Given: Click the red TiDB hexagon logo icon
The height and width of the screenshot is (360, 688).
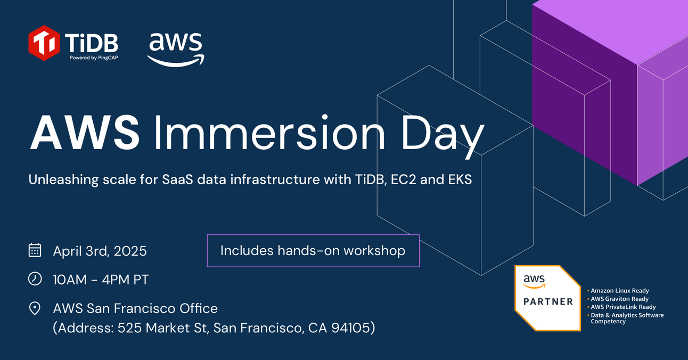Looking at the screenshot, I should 44,43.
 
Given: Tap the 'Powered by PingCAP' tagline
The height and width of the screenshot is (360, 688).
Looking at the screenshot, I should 93,58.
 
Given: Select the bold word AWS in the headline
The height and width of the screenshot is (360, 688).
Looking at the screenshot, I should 85,133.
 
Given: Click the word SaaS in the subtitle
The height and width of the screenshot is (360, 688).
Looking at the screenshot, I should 176,180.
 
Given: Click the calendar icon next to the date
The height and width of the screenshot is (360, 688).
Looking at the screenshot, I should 35,250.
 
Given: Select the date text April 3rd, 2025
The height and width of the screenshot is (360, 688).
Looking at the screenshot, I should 100,251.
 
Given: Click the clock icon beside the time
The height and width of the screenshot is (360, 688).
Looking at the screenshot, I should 35,279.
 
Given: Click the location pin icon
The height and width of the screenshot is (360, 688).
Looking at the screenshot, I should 35,308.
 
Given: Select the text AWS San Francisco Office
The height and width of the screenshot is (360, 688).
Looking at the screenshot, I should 135,308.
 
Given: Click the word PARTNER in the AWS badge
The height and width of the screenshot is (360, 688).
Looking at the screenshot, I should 548,301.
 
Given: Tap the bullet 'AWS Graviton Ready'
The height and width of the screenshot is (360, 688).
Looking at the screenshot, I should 619,299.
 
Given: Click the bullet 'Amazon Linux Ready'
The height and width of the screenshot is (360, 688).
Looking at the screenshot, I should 619,291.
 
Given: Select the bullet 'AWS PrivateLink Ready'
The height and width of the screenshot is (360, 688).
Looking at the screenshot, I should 623,307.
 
